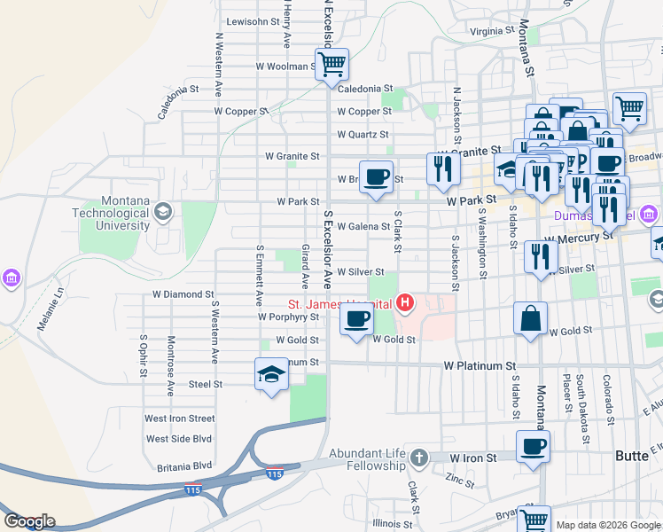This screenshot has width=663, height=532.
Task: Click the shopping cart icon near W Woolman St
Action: (x=331, y=64)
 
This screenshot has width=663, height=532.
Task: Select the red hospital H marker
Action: (x=405, y=304)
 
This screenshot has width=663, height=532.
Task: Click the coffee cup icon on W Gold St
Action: (x=356, y=320)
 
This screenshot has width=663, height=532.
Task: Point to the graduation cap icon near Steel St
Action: (x=271, y=374)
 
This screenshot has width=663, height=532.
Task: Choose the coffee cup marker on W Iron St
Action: (x=533, y=447)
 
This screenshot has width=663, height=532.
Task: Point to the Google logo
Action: (x=28, y=521)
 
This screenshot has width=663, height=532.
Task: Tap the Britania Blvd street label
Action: (x=179, y=465)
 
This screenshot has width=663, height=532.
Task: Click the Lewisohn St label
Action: (x=253, y=21)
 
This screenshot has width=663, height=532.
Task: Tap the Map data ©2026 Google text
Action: (x=607, y=525)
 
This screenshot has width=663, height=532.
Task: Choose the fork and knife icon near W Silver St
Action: (x=540, y=257)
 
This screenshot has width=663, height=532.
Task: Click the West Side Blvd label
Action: (x=179, y=439)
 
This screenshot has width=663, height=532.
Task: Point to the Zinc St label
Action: (x=460, y=480)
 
